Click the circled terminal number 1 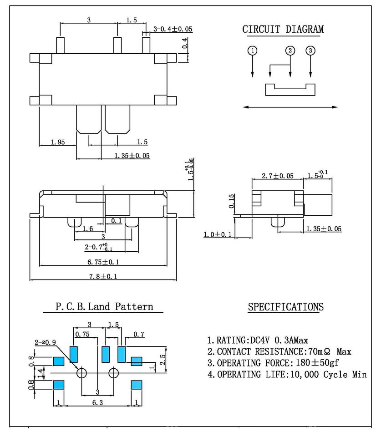click(x=252, y=51)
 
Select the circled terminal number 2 click(x=290, y=51)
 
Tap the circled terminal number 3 click(x=310, y=51)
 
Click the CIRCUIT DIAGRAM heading click(x=283, y=29)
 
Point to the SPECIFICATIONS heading click(x=286, y=307)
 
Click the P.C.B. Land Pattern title click(x=104, y=306)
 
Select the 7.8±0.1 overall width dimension click(x=103, y=276)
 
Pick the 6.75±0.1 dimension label click(x=103, y=262)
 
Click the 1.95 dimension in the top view click(x=58, y=142)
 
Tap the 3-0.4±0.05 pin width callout click(x=173, y=29)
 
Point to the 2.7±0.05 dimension click(x=278, y=176)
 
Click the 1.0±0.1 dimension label click(x=218, y=235)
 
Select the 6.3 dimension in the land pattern click(x=97, y=402)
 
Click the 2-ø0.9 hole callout click(x=45, y=342)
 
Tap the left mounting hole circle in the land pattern click(x=81, y=373)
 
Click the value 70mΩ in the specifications click(x=319, y=351)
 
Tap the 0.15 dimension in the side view click(x=231, y=201)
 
